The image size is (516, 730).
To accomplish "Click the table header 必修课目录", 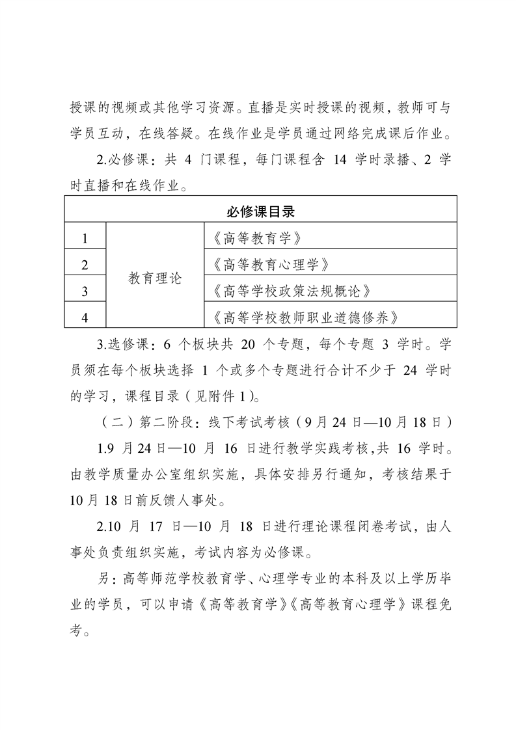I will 262,210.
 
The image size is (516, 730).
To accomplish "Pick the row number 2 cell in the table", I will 85,264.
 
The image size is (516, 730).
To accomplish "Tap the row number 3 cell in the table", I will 85,291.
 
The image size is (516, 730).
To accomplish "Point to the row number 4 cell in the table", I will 85,318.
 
